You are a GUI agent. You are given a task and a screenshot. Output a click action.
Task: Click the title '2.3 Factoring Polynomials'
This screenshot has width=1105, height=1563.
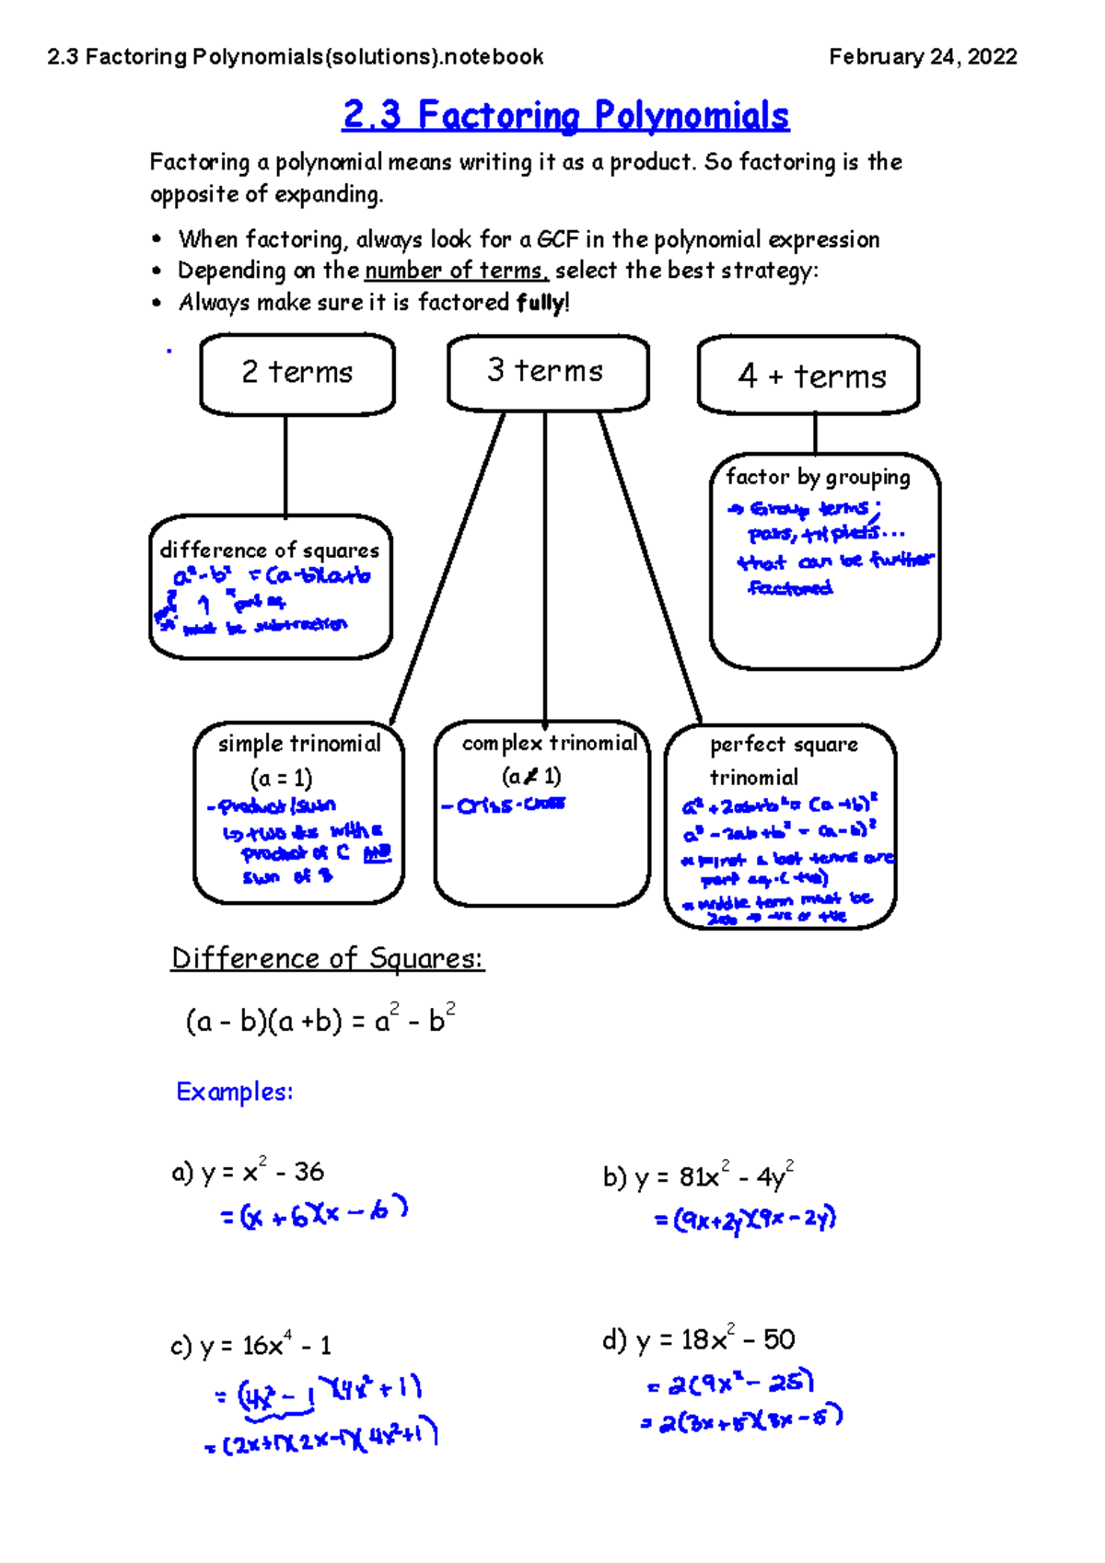click(565, 116)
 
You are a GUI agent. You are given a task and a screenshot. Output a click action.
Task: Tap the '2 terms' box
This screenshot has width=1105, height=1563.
click(297, 374)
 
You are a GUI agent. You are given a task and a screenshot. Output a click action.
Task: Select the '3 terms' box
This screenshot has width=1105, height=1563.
click(547, 372)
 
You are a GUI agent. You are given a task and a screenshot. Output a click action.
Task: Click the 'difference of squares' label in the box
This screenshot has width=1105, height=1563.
click(269, 550)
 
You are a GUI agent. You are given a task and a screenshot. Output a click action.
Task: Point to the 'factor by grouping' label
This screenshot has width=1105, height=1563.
click(818, 477)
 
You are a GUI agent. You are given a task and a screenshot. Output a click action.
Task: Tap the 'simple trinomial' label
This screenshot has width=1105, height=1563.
click(298, 744)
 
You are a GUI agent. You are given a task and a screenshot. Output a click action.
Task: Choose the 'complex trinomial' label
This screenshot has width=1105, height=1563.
click(549, 743)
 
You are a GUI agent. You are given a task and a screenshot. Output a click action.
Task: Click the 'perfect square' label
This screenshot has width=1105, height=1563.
click(784, 745)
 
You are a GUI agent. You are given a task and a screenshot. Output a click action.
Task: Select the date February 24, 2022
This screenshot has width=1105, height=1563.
click(923, 57)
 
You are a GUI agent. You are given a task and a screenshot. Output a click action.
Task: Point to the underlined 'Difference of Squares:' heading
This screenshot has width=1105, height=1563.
click(327, 958)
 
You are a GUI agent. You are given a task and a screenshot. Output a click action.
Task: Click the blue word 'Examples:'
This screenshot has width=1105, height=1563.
click(235, 1092)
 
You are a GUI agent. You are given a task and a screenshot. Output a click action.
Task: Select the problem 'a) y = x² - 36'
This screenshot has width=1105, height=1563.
click(248, 1172)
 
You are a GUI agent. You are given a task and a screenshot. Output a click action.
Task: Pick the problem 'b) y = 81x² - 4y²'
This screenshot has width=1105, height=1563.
click(698, 1176)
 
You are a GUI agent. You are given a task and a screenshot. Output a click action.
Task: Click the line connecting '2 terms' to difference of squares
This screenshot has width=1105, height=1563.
click(285, 465)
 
